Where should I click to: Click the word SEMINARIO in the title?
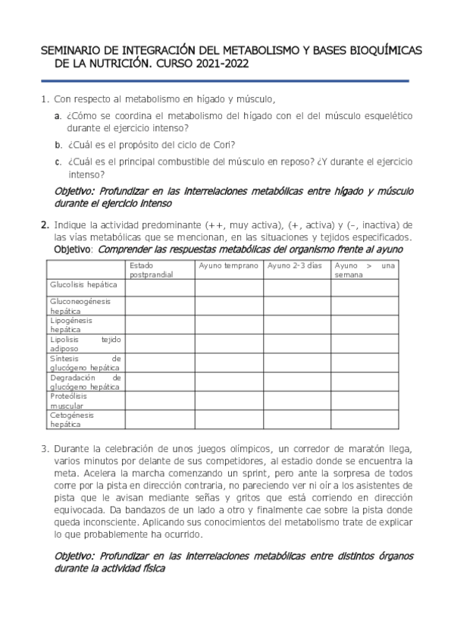[70, 51]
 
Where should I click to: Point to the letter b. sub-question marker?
[58, 144]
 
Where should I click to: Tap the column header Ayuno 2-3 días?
[295, 266]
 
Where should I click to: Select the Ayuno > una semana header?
[365, 270]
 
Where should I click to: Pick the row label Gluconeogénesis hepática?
[80, 306]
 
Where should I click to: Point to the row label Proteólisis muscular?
[68, 400]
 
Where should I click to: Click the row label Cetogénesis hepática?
[70, 419]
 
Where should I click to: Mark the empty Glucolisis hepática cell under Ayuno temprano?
[230, 287]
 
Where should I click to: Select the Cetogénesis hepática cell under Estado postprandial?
[160, 419]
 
